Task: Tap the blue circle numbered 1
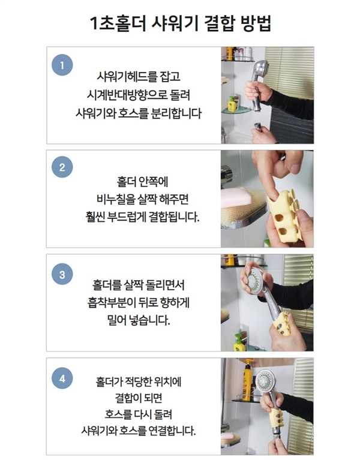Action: (62, 65)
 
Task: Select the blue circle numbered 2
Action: (62, 167)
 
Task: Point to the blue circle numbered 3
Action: (62, 274)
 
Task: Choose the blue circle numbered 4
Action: (62, 378)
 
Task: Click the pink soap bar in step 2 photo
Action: (236, 198)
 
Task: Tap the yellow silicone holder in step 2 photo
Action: (284, 217)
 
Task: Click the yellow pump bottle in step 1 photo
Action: (232, 104)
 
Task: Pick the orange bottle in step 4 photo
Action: (247, 381)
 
